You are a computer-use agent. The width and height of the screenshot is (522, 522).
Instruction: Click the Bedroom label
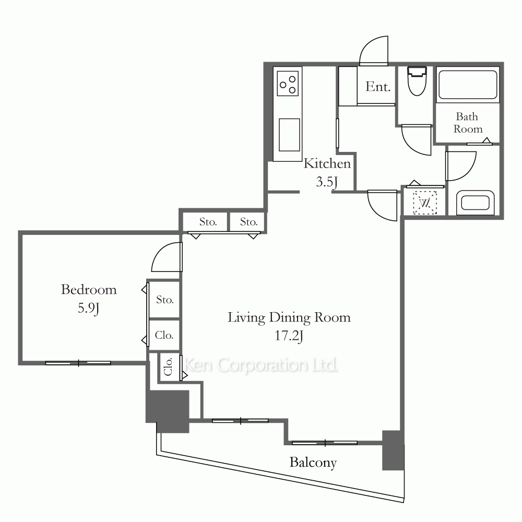[89, 290]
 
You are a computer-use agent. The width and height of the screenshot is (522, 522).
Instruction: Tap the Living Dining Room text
[289, 317]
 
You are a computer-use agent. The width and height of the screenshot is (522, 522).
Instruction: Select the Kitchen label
[327, 163]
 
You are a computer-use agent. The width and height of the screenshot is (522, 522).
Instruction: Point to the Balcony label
[313, 462]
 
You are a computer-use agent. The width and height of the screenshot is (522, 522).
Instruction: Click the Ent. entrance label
[377, 87]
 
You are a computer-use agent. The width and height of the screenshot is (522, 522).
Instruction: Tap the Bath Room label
[468, 123]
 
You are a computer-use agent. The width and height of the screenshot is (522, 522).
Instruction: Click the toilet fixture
[417, 81]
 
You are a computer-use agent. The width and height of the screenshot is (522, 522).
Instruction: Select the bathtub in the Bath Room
[468, 85]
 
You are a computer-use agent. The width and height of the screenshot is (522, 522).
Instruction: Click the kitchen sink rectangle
[289, 135]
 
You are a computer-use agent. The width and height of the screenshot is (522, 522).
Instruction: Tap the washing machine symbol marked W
[424, 203]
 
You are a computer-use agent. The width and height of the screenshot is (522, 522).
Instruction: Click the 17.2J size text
[289, 336]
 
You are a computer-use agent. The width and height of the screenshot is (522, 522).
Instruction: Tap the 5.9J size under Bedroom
[89, 309]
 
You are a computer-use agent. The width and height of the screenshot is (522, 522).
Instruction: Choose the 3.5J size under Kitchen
[327, 182]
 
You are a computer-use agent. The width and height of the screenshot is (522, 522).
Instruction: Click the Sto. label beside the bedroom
[165, 300]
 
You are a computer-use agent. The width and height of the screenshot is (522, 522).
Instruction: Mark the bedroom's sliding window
[78, 363]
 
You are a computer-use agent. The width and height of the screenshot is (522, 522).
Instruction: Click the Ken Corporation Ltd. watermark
[261, 365]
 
